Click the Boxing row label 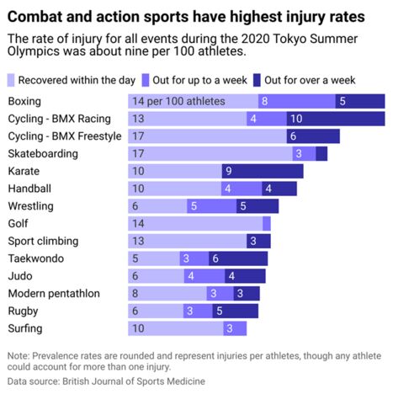point(24,101)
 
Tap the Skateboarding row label point(43,154)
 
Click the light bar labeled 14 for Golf point(194,224)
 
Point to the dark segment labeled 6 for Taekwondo point(238,259)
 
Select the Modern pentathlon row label point(54,294)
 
